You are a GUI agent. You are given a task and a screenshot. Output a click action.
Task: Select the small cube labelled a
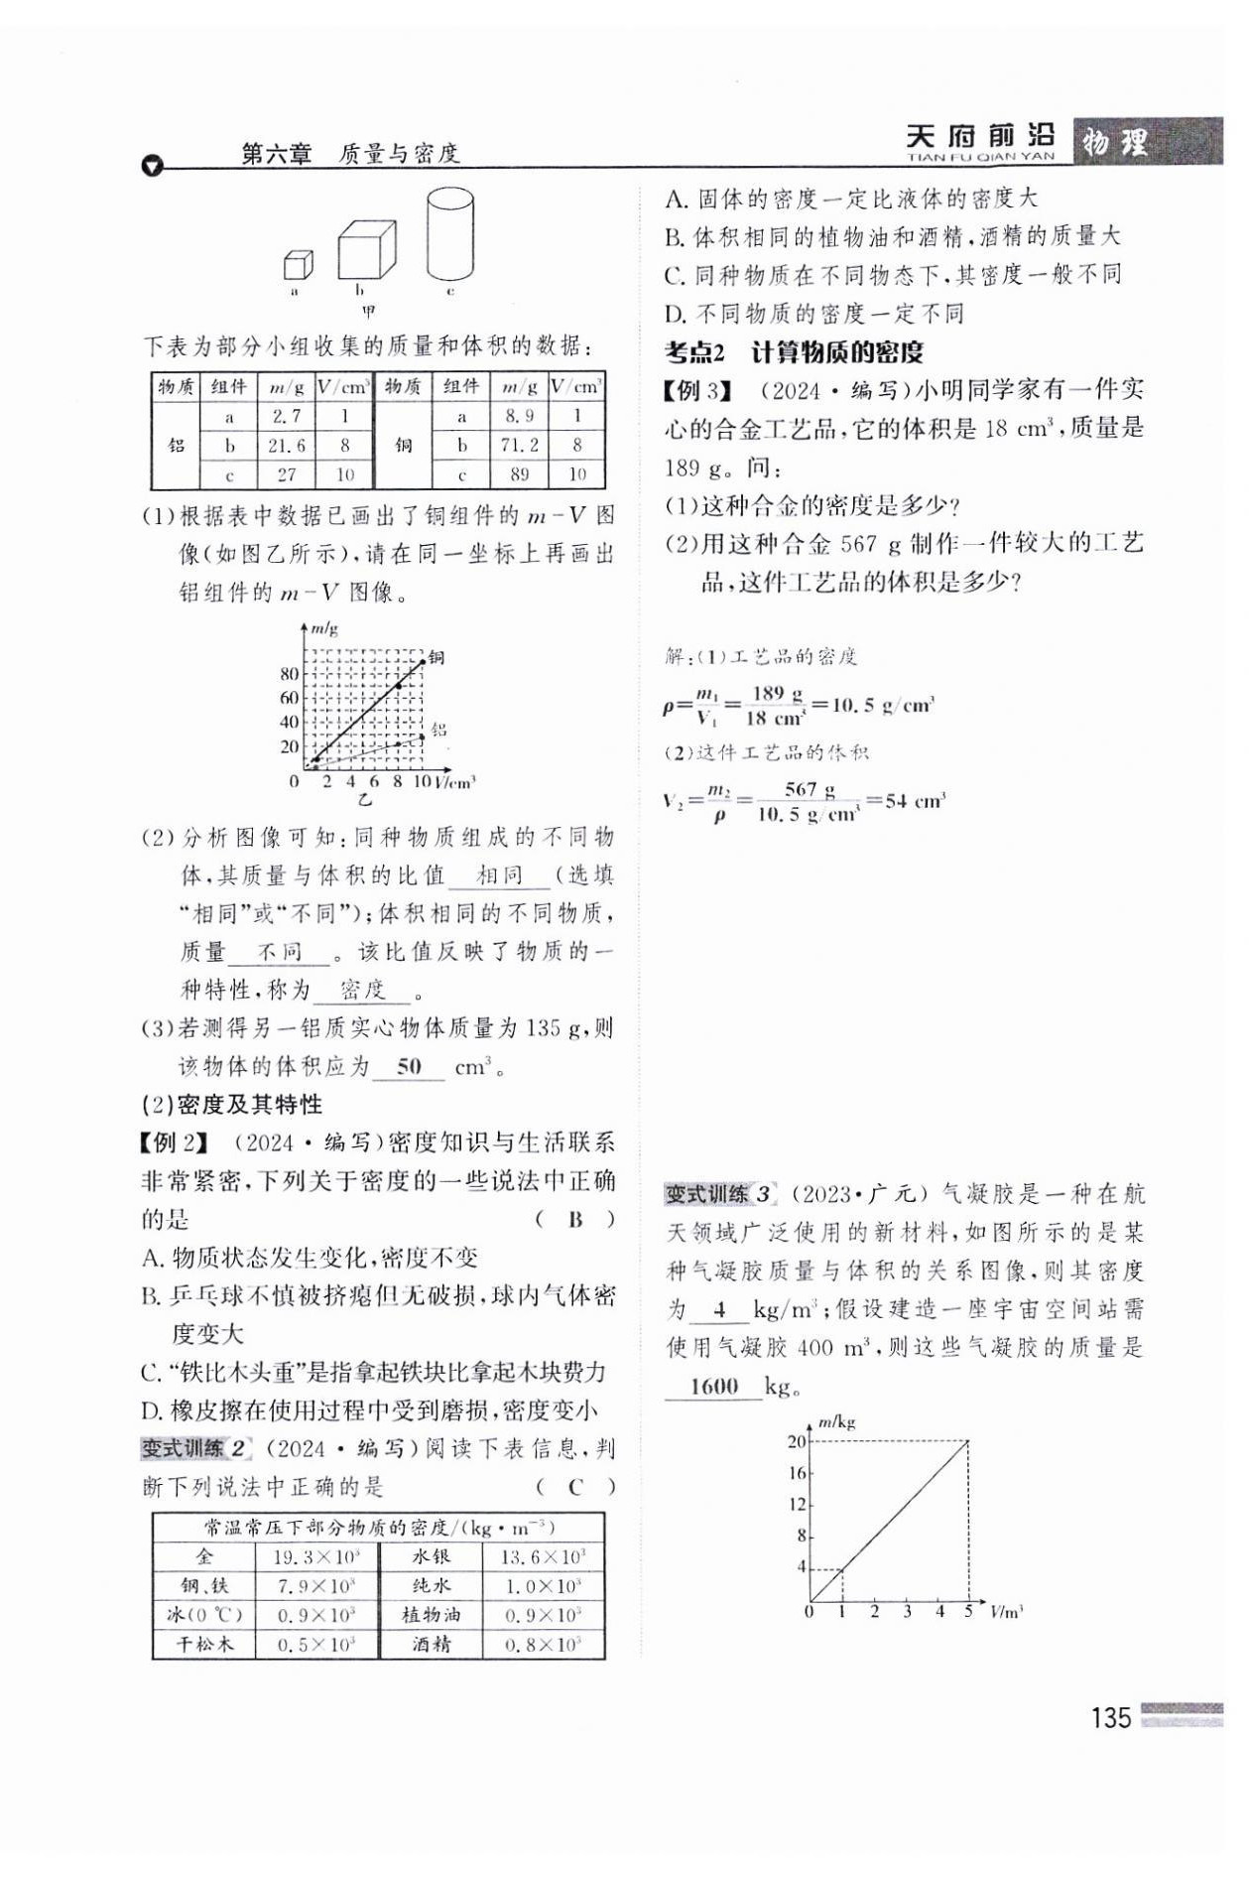click(x=298, y=265)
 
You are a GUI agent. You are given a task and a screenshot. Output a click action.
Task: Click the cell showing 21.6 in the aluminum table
click(x=287, y=446)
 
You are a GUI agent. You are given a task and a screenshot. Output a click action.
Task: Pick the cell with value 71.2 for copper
click(x=519, y=446)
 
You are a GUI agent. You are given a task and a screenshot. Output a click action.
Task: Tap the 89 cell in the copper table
click(x=519, y=474)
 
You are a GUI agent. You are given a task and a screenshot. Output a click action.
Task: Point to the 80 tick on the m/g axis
click(x=289, y=674)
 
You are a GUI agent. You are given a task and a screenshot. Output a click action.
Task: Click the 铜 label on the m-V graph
click(x=437, y=657)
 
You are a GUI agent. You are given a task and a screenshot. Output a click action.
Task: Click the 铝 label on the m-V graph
click(x=438, y=730)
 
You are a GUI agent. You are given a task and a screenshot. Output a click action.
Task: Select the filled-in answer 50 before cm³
click(x=409, y=1067)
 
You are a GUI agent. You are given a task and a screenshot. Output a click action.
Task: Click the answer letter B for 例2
click(x=575, y=1219)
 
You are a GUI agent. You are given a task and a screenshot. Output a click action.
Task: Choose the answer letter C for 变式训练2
click(x=575, y=1486)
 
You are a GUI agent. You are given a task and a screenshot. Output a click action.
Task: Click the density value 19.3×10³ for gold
click(x=316, y=1557)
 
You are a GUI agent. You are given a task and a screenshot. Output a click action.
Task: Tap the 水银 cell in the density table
click(x=432, y=1557)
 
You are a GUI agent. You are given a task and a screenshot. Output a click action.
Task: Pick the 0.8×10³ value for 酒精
click(x=543, y=1645)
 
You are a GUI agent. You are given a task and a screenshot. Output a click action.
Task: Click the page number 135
click(x=1110, y=1718)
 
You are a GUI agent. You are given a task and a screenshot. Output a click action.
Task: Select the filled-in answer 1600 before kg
click(x=714, y=1386)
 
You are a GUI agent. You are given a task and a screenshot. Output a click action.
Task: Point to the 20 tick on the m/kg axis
click(x=797, y=1441)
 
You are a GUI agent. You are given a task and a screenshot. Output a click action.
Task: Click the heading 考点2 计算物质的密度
click(x=794, y=352)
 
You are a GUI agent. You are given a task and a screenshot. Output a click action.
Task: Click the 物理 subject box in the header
click(x=1116, y=142)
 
